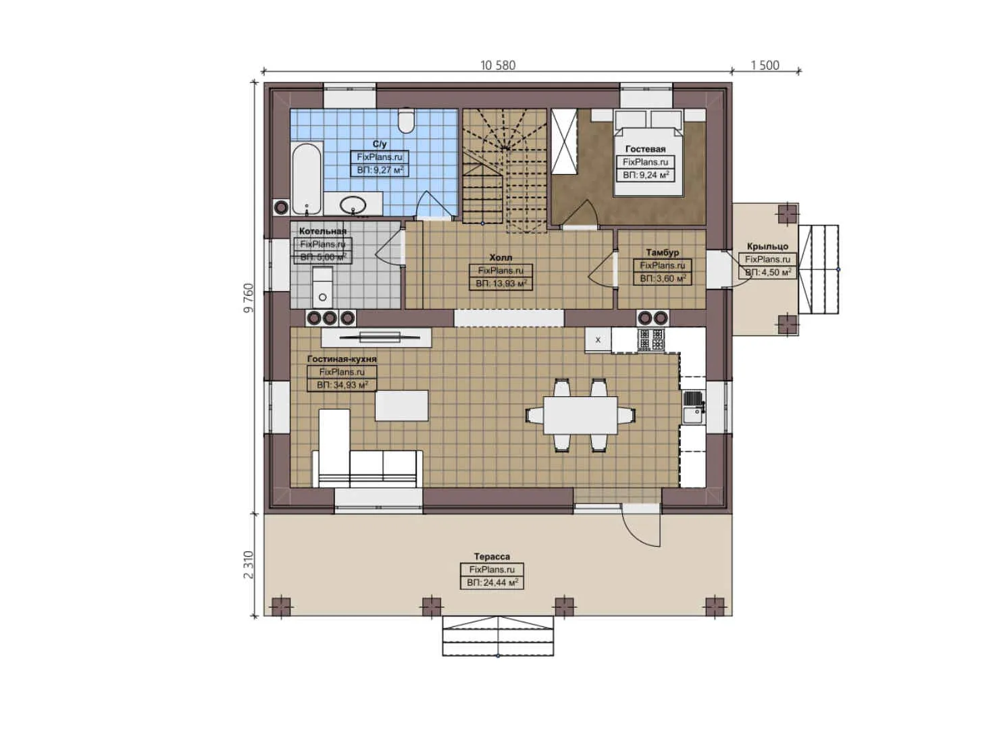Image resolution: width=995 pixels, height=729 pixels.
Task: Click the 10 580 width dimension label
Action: coord(497,65)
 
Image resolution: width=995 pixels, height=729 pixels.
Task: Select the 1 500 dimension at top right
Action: coord(765,65)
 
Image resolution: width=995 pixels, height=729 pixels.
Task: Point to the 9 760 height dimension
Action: coord(249,298)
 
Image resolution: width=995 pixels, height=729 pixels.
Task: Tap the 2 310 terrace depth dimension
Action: coord(249,564)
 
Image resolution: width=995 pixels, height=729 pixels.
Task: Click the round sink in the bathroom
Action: coord(353,203)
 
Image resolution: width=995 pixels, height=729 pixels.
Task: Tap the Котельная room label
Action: coord(322,231)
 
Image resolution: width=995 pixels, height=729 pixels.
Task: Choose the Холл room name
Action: coord(501,257)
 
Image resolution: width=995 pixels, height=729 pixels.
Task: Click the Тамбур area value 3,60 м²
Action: coord(663,278)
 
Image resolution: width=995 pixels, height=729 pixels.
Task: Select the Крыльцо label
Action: coord(767,246)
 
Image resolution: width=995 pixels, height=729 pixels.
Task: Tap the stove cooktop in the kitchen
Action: coord(650,340)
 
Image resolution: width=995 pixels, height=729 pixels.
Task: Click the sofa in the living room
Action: coord(366,467)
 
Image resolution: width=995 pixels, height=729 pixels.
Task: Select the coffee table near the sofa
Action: coord(401,406)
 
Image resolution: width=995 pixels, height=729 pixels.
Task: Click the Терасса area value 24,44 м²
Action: coord(492,583)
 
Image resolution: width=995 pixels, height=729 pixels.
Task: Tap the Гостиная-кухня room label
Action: coord(342,359)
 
